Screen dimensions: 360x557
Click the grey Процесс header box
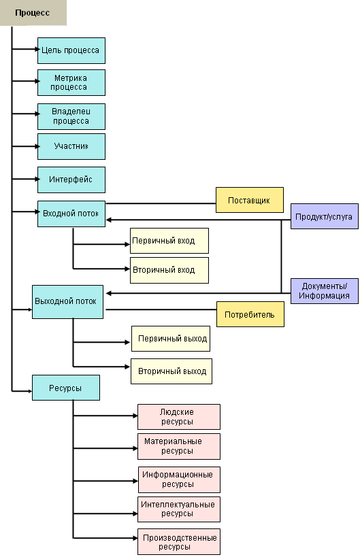coord(33,13)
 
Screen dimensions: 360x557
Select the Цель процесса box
coord(71,50)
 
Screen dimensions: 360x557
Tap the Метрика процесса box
coord(71,82)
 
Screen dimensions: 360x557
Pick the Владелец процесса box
coord(71,116)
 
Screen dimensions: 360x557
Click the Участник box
coord(71,146)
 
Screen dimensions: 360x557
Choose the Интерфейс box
coord(71,180)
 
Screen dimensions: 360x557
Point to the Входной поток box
coord(71,214)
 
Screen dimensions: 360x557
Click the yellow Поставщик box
coord(250,200)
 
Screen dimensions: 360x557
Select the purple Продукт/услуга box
coord(325,216)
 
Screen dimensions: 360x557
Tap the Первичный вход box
coord(169,241)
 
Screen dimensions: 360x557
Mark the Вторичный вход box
coord(169,270)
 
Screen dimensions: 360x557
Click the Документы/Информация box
coord(325,291)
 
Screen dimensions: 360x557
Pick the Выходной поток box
coord(67,302)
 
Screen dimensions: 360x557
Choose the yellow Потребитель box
coord(250,314)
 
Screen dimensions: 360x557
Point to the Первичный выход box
coord(171,339)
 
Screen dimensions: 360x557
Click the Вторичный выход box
coord(171,371)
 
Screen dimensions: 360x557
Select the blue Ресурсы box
coord(66,388)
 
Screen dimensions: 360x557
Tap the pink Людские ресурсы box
coord(179,417)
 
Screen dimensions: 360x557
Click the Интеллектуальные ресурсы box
coord(179,509)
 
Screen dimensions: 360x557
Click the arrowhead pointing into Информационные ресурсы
coord(135,481)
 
